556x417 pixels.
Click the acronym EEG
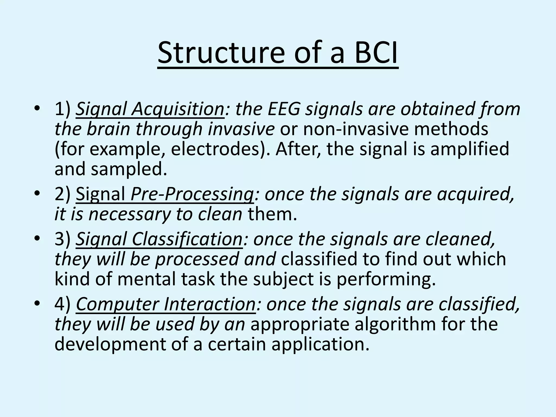coord(284,109)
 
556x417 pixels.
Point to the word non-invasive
coord(356,129)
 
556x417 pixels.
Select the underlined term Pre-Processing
coord(192,194)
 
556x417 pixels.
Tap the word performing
coord(386,279)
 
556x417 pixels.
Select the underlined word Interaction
coord(210,304)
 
